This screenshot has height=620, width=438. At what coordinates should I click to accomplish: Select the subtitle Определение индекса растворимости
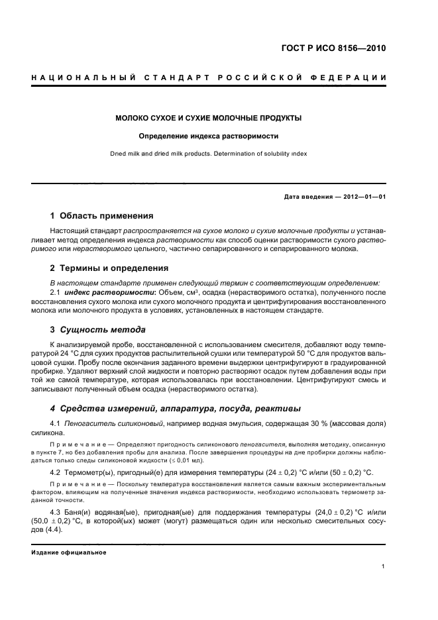(208, 136)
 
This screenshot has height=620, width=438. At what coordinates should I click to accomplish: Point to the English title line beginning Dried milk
(208, 154)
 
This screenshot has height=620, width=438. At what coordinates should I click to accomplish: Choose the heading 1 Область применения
(102, 216)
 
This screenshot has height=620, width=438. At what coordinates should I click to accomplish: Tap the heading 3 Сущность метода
(98, 329)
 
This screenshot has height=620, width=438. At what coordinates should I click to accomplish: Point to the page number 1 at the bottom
(384, 566)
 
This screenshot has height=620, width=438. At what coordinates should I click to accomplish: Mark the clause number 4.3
(58, 512)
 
